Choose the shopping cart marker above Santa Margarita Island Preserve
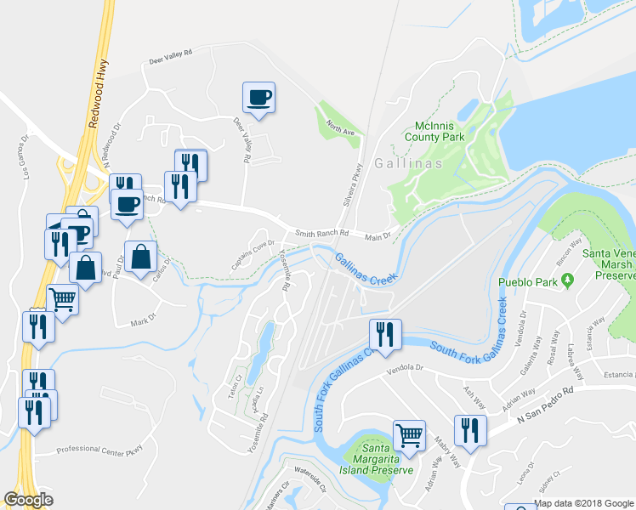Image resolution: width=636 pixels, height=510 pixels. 409,435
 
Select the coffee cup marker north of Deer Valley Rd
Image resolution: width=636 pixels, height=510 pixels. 258,97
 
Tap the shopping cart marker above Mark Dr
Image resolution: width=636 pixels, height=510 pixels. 62,298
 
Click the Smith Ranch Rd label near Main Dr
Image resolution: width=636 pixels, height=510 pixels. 322,233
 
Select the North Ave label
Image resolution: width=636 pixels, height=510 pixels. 341,130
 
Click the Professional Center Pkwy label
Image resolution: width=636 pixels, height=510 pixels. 100,449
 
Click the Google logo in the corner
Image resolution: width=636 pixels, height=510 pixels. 29,500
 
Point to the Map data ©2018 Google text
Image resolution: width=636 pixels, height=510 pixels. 584,503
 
